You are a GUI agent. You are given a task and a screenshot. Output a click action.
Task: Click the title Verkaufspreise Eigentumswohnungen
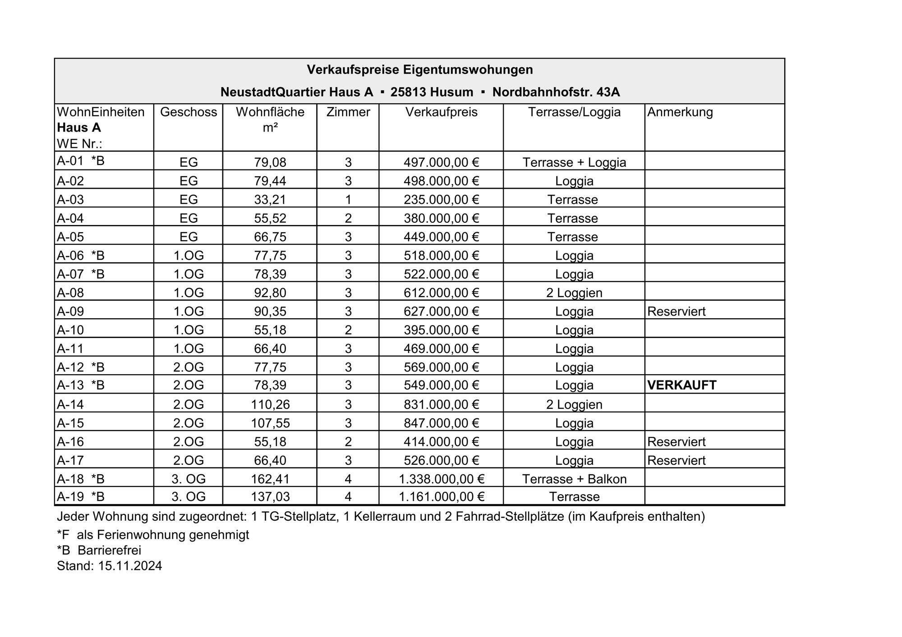pyautogui.click(x=419, y=70)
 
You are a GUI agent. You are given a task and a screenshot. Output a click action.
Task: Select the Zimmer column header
pyautogui.click(x=348, y=112)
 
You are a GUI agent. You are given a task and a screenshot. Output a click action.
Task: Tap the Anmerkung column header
pyautogui.click(x=680, y=112)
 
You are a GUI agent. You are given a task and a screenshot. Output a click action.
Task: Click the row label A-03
pyautogui.click(x=70, y=199)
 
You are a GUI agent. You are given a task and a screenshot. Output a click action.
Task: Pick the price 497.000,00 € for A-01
pyautogui.click(x=441, y=162)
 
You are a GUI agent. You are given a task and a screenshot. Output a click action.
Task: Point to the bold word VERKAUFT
pyautogui.click(x=681, y=385)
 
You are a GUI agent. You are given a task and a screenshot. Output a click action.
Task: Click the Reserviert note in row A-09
pyautogui.click(x=676, y=312)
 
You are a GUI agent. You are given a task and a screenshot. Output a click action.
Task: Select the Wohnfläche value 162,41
pyautogui.click(x=270, y=479)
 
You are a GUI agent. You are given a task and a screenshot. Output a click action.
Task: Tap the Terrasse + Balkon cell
pyautogui.click(x=574, y=479)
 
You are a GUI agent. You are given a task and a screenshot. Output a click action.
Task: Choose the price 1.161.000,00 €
pyautogui.click(x=441, y=497)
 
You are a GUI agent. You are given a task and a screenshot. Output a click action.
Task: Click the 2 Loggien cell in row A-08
pyautogui.click(x=574, y=293)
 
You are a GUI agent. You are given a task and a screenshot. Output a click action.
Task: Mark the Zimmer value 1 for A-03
pyautogui.click(x=348, y=199)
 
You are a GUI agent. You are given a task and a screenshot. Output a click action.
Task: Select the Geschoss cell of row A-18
pyautogui.click(x=189, y=479)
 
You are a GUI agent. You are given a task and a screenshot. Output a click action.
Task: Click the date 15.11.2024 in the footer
pyautogui.click(x=130, y=566)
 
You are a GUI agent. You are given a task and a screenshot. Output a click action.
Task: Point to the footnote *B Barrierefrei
pyautogui.click(x=99, y=550)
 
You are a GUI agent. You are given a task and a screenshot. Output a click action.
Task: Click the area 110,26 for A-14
pyautogui.click(x=270, y=404)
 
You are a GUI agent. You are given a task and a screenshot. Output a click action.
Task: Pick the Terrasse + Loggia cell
pyautogui.click(x=574, y=162)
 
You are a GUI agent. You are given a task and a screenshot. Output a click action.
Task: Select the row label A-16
pyautogui.click(x=70, y=442)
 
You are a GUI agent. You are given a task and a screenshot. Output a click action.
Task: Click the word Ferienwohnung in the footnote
pyautogui.click(x=143, y=535)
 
